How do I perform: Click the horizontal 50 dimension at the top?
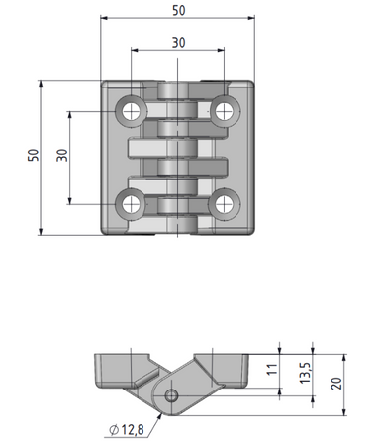point(179,11)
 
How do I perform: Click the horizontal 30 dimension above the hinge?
point(178,43)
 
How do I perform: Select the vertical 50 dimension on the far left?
point(34,155)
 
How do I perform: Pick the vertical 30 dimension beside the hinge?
point(62,155)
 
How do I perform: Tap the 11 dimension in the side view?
point(272,370)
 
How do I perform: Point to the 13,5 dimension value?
point(305,373)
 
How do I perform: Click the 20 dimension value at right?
point(336,384)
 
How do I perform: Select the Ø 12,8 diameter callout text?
point(127,430)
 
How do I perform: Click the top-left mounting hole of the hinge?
point(131,111)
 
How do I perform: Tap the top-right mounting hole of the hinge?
point(225,111)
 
